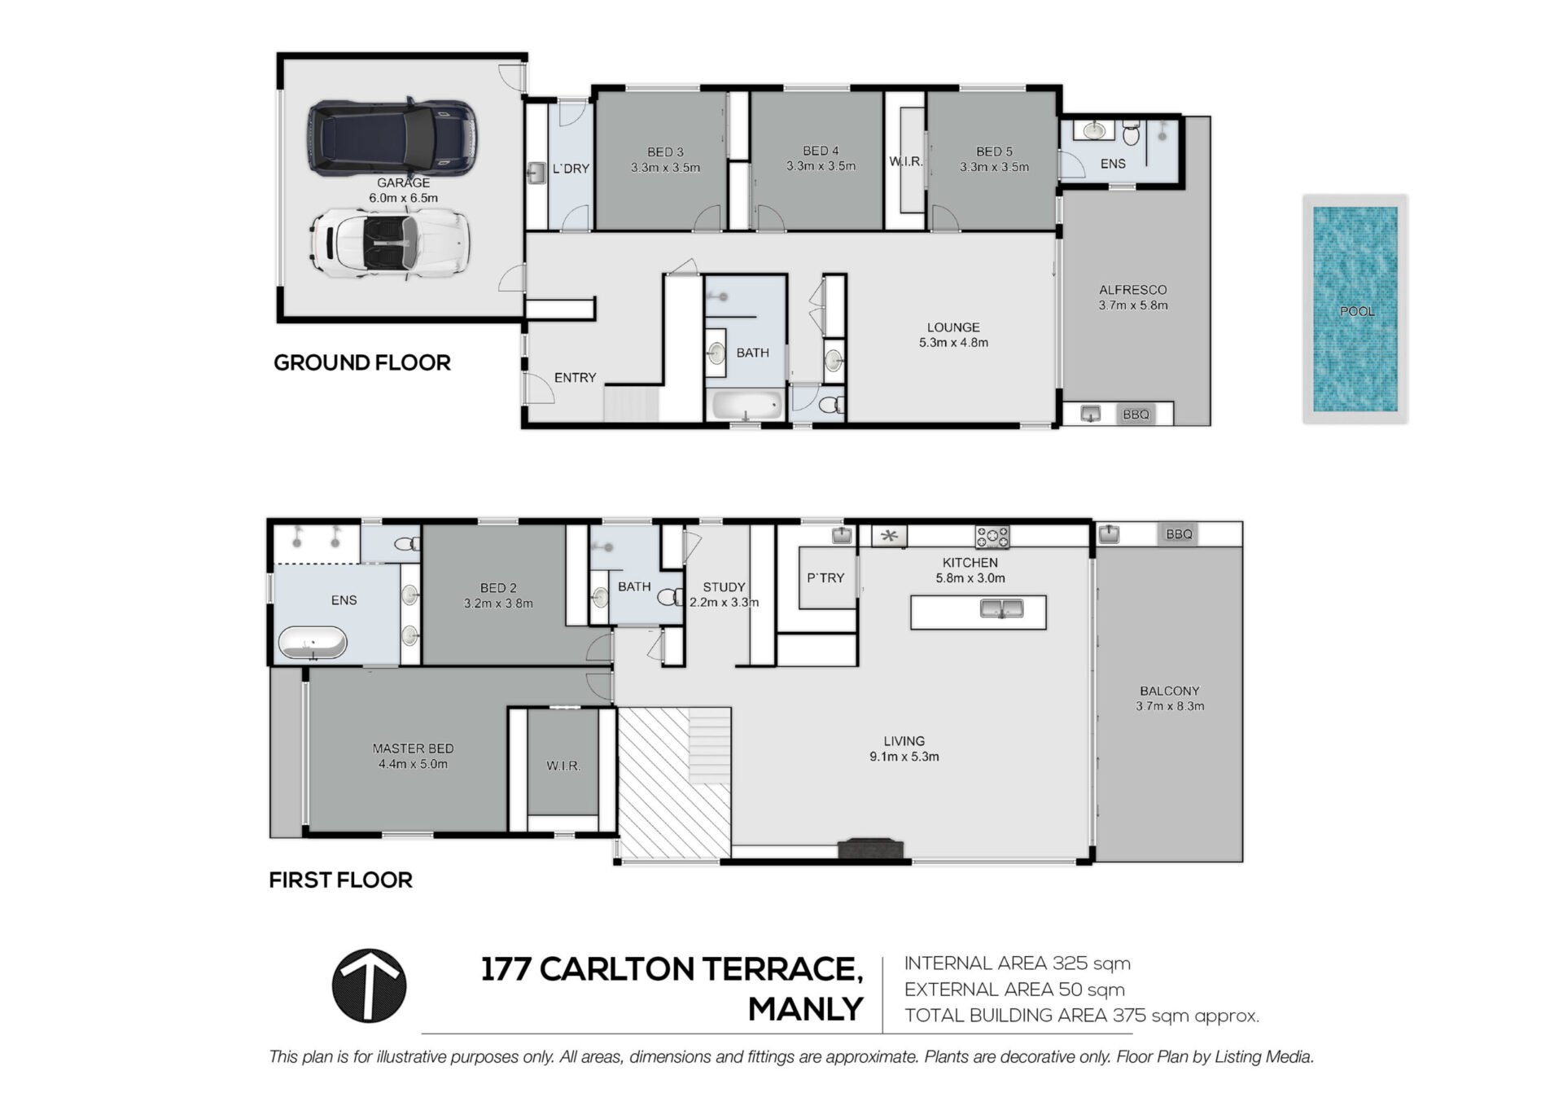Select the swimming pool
point(1355,309)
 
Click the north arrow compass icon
point(369,985)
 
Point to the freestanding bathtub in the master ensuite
point(313,642)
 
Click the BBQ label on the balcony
point(1179,534)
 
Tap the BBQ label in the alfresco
point(1136,415)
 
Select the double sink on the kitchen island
point(1001,608)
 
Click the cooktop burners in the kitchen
point(992,537)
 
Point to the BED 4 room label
point(821,151)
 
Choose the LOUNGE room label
point(953,327)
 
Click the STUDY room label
point(724,587)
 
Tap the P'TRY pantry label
point(825,577)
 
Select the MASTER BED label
point(413,748)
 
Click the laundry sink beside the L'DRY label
point(536,173)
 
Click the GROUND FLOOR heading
point(362,362)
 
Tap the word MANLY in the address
point(805,1009)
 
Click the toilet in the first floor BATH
point(670,598)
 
